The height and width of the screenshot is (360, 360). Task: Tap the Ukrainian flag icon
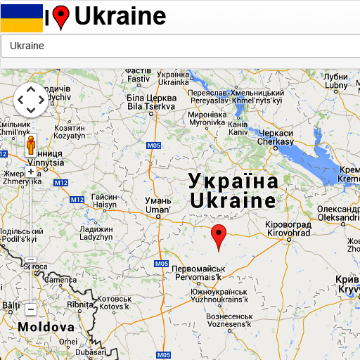[22, 18]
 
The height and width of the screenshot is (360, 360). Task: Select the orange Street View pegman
[31, 146]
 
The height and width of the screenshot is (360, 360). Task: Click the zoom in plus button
[31, 171]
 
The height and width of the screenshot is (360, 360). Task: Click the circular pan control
[31, 100]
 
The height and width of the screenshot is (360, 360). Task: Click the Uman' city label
[157, 205]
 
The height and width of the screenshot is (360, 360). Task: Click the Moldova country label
[46, 328]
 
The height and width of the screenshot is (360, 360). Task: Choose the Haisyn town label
[105, 201]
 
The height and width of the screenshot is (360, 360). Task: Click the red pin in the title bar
[62, 17]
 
